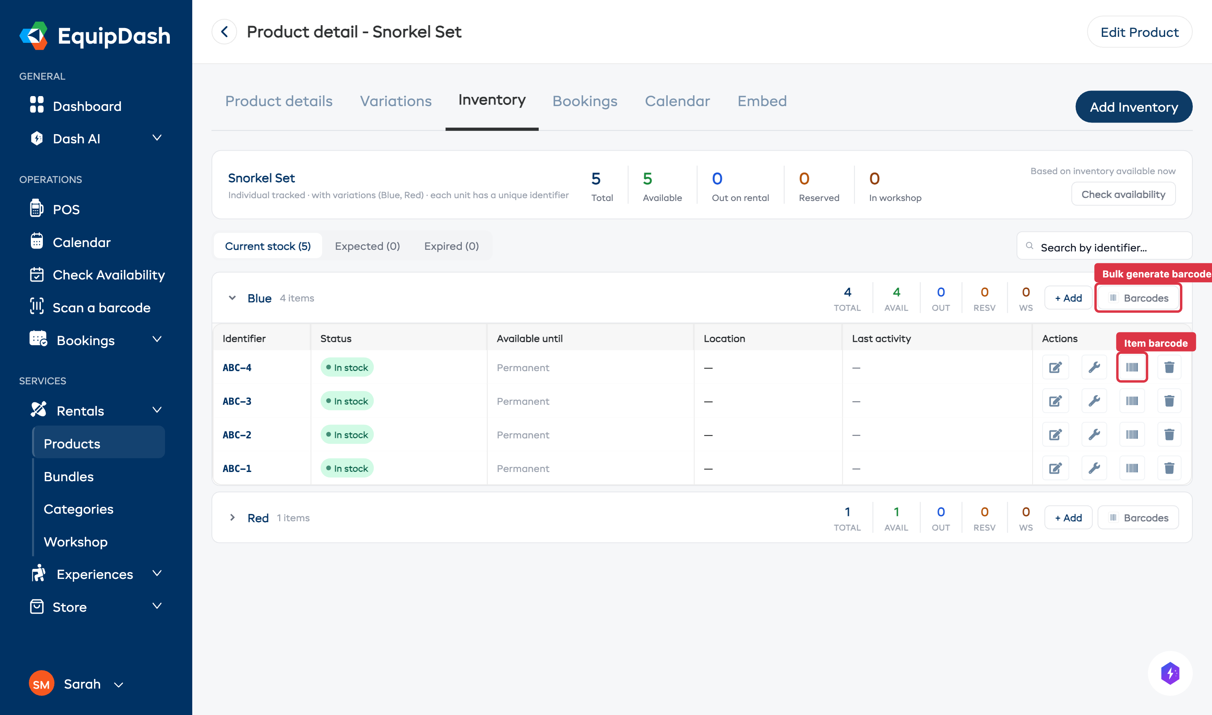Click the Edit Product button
(x=1139, y=32)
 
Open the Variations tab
(x=395, y=101)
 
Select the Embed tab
(x=761, y=101)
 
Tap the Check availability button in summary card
(x=1122, y=194)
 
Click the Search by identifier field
(x=1108, y=247)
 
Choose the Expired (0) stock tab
(x=451, y=246)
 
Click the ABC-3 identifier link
(x=237, y=402)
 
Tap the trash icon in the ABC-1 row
(x=1169, y=468)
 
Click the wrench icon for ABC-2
(x=1093, y=435)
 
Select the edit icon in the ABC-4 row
(x=1055, y=368)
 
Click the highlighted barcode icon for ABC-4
(x=1131, y=368)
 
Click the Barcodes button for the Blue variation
(x=1138, y=298)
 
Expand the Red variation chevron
(x=232, y=518)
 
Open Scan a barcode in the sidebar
(x=101, y=307)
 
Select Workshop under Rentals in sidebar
(x=76, y=542)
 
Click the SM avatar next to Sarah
(x=41, y=684)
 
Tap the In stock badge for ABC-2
(x=346, y=435)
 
